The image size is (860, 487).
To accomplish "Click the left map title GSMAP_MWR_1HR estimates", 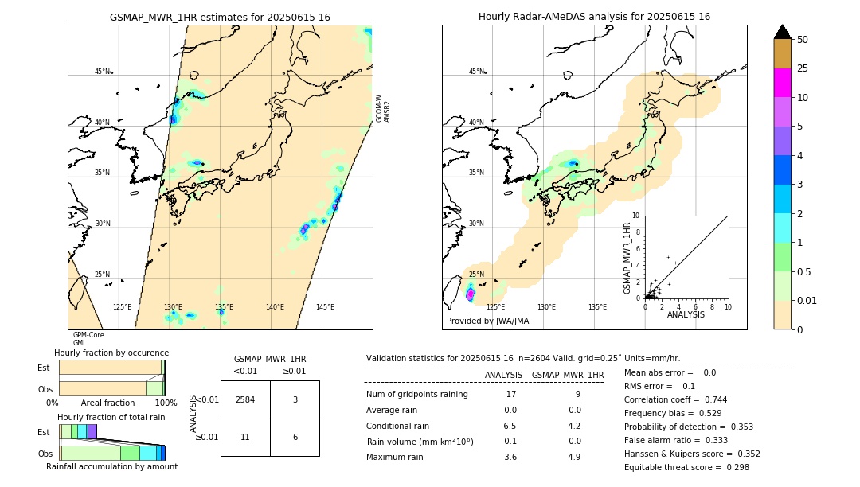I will (220, 17).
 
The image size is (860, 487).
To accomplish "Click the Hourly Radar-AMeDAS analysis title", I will (594, 17).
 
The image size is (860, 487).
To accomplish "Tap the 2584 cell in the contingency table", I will (245, 399).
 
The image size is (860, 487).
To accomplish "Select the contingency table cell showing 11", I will (245, 438).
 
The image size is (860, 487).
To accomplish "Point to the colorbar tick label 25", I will (803, 69).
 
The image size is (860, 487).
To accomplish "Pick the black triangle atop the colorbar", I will (782, 32).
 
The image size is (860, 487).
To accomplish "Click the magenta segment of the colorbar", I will (782, 83).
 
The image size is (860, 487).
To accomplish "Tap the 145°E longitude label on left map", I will (325, 307).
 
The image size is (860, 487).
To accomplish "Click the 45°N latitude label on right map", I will (476, 72).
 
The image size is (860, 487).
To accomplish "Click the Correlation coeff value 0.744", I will (710, 399).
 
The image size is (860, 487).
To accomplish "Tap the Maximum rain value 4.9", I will (573, 457).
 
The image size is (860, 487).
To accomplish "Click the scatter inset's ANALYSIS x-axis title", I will (686, 314).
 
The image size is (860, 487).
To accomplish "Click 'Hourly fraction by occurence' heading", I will (111, 353).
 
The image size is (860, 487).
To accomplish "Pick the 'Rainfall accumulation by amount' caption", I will (111, 466).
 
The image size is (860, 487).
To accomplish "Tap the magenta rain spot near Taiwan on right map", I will (470, 294).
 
